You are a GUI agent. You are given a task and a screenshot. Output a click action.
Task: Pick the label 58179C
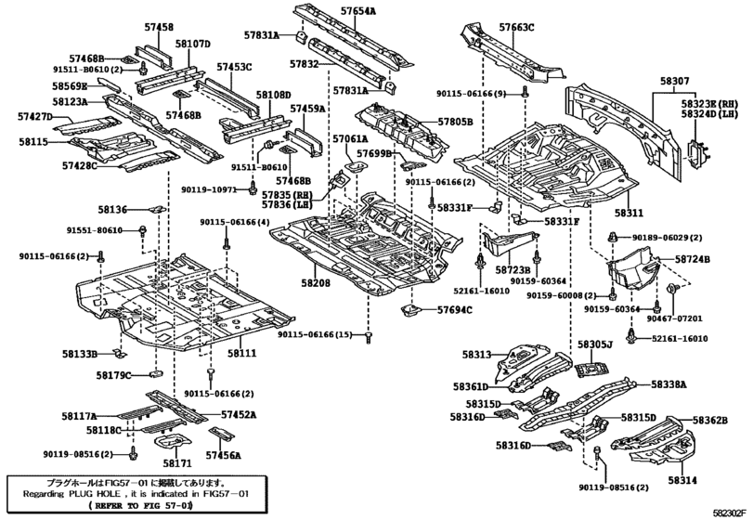click(x=113, y=376)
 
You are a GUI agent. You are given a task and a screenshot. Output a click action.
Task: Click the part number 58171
click(x=176, y=461)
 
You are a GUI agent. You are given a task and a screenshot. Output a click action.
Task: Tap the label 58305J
click(x=595, y=344)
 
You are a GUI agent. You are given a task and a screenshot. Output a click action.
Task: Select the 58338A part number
click(x=669, y=383)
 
